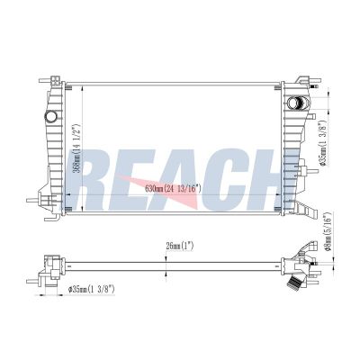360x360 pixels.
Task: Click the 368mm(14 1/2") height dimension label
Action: click(x=76, y=148)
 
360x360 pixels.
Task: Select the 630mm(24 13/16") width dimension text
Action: click(x=173, y=189)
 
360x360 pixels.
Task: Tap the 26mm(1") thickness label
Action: click(x=180, y=247)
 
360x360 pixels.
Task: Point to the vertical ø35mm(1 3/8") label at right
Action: click(x=322, y=143)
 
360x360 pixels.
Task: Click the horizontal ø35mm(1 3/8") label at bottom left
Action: click(x=92, y=289)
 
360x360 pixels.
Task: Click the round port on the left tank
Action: click(x=50, y=116)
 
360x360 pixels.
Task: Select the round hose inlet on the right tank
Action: click(x=294, y=103)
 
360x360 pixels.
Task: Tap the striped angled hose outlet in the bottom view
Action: click(x=294, y=284)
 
